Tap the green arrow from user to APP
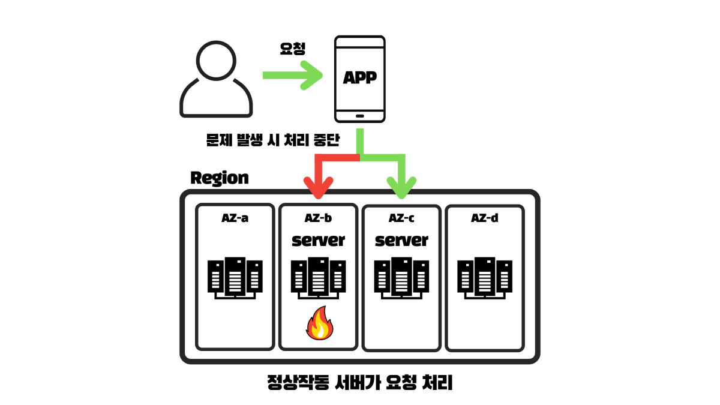pos(293,76)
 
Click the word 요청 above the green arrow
pos(293,49)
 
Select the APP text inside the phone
pos(359,77)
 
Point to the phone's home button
pos(359,115)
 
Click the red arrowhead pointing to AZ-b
pos(318,187)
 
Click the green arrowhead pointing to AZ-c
pos(401,187)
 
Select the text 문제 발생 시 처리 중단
pos(272,142)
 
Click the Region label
pos(219,178)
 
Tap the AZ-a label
pos(235,218)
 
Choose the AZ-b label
pos(318,218)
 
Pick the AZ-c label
pos(401,218)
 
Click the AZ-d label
pos(484,218)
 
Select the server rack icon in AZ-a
pos(235,278)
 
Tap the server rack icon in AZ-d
pos(485,278)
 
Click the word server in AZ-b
pos(318,240)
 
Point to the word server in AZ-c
pos(401,240)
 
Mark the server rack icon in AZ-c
pos(401,278)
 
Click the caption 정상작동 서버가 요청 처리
pos(360,383)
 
